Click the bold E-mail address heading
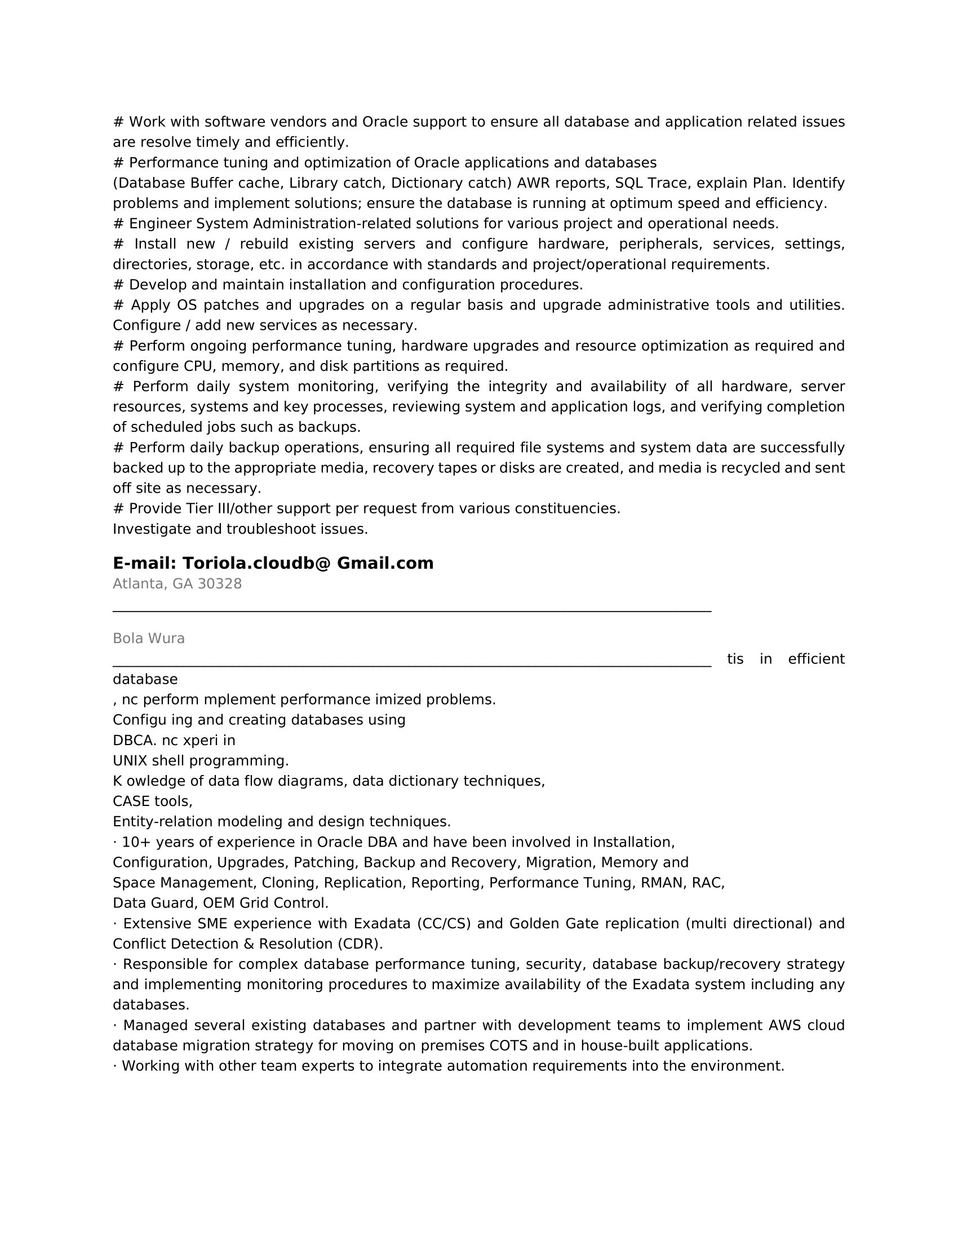click(x=273, y=563)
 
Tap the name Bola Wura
click(x=149, y=639)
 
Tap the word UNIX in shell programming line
click(x=130, y=761)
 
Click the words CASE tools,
click(x=153, y=801)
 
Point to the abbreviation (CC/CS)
click(x=444, y=924)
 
